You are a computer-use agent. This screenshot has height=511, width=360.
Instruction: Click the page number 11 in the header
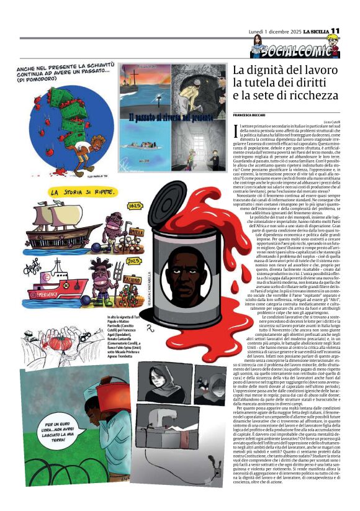point(335,31)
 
